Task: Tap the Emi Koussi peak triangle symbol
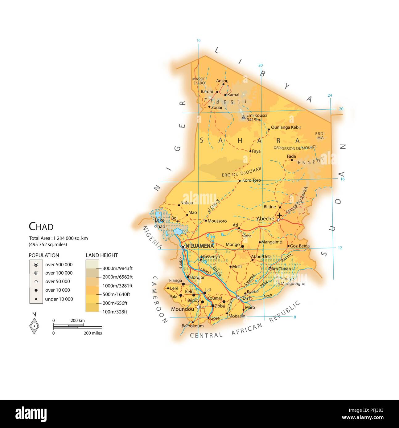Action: tap(244, 117)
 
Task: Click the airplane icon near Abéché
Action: tap(280, 215)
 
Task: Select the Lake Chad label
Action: tap(160, 223)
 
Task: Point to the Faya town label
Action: tap(256, 151)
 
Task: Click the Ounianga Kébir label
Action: tap(286, 127)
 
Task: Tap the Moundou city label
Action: tap(183, 309)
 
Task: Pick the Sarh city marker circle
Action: tap(238, 297)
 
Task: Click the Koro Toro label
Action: tap(251, 180)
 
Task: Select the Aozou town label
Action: tap(222, 81)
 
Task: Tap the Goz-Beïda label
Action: tap(300, 246)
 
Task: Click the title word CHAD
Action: tap(41, 227)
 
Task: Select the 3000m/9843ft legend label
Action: tap(117, 269)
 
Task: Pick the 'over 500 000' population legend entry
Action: tap(59, 264)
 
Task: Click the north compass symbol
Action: tap(34, 326)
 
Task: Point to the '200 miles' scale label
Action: tap(93, 333)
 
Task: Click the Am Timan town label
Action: tap(281, 269)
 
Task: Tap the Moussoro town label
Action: tap(217, 221)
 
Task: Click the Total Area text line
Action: tap(58, 238)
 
